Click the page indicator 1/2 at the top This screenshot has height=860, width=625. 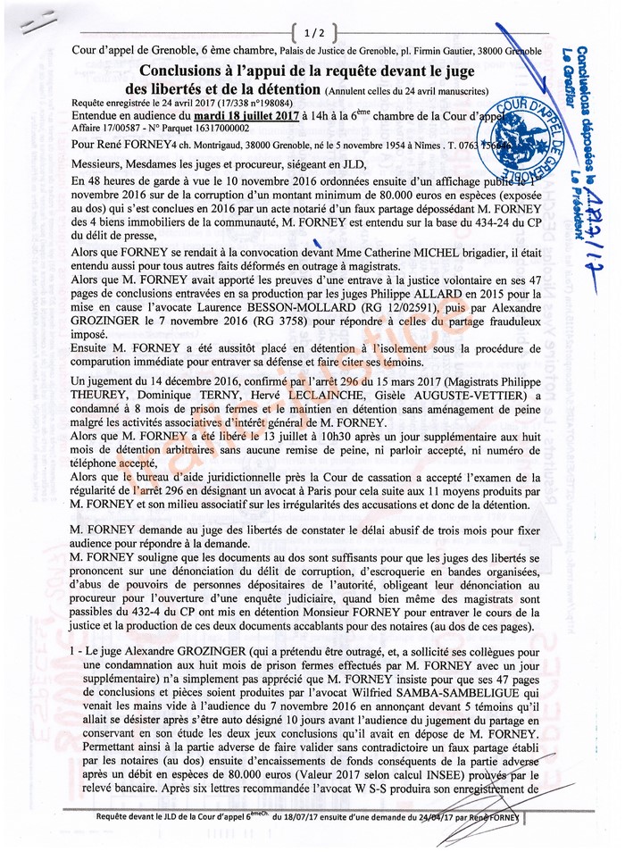313,33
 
